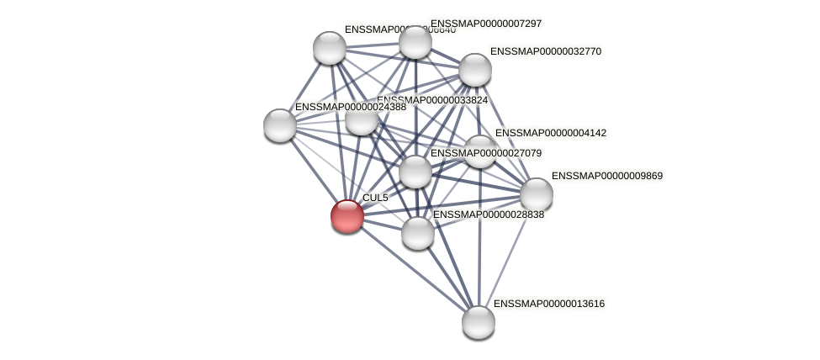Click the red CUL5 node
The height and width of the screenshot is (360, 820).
point(347,216)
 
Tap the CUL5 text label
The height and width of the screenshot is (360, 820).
point(375,198)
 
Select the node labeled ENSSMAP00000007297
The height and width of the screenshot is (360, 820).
point(415,42)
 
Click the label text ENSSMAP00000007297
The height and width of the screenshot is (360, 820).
point(485,24)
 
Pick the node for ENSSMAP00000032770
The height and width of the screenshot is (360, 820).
point(474,70)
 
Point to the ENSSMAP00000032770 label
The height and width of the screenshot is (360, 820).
point(545,51)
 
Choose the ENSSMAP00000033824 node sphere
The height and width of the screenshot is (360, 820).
point(362,119)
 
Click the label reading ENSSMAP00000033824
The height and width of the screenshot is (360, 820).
point(432,100)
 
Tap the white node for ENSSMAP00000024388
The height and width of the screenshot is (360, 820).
point(280,125)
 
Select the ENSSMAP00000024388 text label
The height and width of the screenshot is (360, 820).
point(350,107)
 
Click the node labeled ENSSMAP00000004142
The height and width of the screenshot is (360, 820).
point(479,151)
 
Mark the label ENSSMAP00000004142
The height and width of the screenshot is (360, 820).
point(550,133)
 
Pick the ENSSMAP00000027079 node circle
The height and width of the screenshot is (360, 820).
point(415,172)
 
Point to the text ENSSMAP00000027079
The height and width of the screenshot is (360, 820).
point(485,153)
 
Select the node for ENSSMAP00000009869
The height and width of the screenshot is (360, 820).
point(536,194)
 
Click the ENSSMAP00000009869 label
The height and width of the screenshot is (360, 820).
point(606,176)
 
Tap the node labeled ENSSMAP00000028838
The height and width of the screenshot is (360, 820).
point(418,233)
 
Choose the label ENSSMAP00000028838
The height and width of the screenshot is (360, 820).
point(488,214)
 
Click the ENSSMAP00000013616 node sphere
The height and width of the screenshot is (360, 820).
point(479,321)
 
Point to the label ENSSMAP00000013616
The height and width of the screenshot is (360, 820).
point(548,304)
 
